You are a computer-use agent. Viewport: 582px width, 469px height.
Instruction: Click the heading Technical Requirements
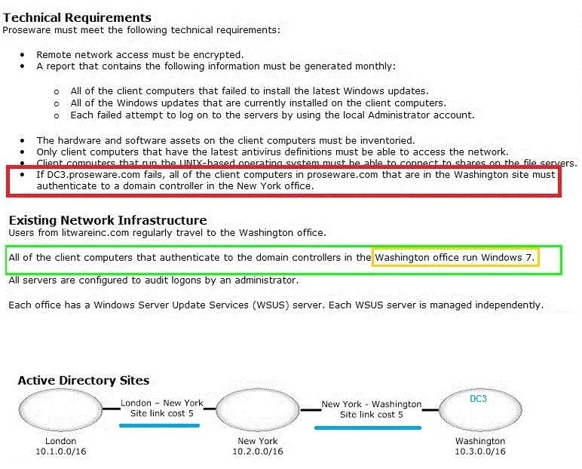(x=77, y=17)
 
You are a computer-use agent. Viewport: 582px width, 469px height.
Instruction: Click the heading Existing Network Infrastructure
(x=108, y=220)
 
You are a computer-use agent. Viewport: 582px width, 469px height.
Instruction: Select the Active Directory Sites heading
(x=84, y=380)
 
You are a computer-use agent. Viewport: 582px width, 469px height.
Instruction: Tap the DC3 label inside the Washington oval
(x=478, y=399)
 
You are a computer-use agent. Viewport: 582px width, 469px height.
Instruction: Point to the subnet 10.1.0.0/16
(x=61, y=452)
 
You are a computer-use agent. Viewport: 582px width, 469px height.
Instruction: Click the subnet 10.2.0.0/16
(x=258, y=452)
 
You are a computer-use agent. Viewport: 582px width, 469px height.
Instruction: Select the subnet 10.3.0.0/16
(x=480, y=452)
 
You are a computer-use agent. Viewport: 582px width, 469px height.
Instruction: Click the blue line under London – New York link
(x=160, y=425)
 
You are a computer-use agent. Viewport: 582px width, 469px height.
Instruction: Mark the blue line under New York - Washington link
(x=368, y=428)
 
